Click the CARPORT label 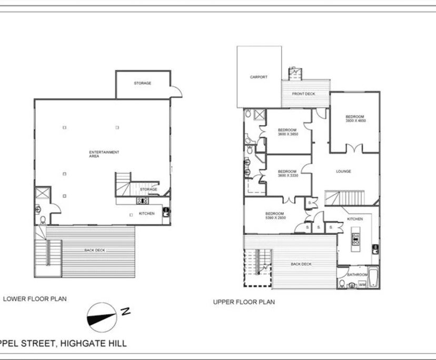259,77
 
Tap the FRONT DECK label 303,94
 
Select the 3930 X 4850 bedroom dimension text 355,121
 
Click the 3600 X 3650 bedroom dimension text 288,134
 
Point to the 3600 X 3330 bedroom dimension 288,176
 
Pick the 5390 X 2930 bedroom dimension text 275,217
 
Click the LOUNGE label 343,172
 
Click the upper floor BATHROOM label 357,275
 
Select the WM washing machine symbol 362,285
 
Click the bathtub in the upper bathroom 373,278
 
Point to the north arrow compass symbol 101,315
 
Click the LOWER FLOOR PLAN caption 35,298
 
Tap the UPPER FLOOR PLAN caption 244,302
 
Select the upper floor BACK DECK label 301,264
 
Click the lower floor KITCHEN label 146,214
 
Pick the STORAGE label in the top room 142,84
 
